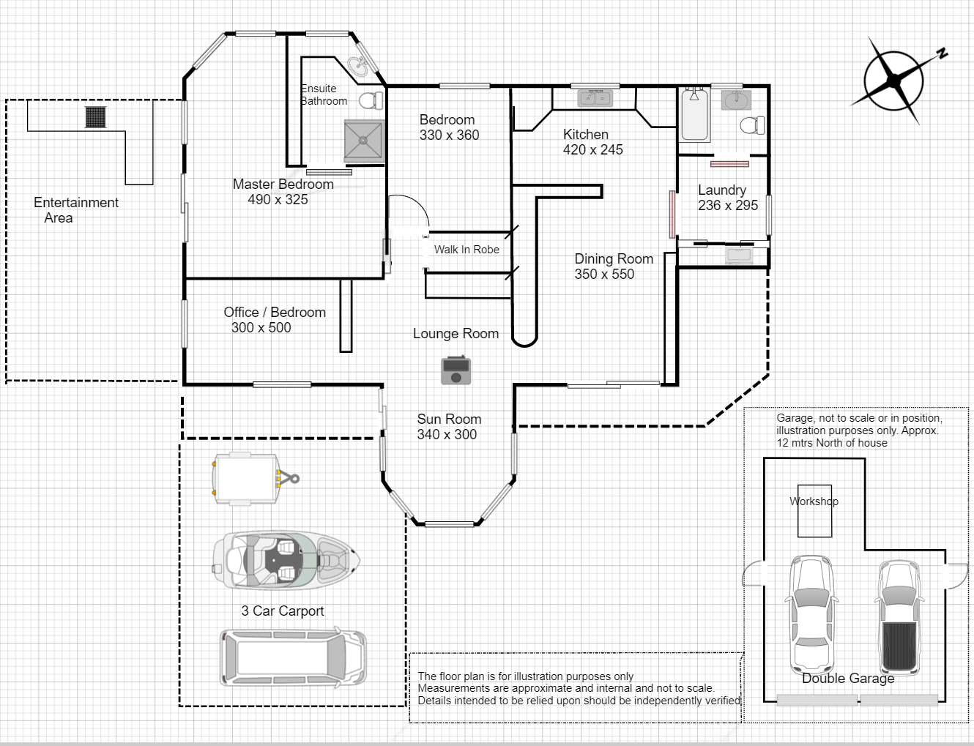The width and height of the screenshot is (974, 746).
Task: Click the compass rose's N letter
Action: point(943,53)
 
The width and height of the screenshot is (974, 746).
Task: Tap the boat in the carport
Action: point(286,561)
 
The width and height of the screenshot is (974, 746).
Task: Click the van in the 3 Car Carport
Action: point(293,658)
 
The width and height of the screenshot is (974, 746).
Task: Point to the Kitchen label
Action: point(585,135)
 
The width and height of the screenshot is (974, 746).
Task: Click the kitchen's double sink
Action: point(595,97)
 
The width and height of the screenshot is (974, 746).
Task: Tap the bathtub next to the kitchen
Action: point(694,114)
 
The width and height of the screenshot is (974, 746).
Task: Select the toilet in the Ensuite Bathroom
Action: point(371,101)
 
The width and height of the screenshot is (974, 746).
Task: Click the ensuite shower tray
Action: point(363,141)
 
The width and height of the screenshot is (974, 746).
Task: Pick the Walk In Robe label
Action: point(466,250)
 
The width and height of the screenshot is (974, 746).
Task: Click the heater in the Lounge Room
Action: point(456,370)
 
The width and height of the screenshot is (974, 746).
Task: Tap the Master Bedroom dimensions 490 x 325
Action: point(278,199)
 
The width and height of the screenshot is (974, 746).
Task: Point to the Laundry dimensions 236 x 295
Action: point(728,205)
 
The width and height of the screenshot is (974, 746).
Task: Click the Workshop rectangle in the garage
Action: point(814,511)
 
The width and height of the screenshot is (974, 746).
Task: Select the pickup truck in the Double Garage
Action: point(899,617)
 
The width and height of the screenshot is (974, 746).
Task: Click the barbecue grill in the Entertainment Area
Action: point(95,117)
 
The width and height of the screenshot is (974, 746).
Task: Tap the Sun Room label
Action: point(449,419)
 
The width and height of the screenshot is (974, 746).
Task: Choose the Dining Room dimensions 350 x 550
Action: point(605,275)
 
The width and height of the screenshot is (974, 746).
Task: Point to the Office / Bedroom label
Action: point(275,313)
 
